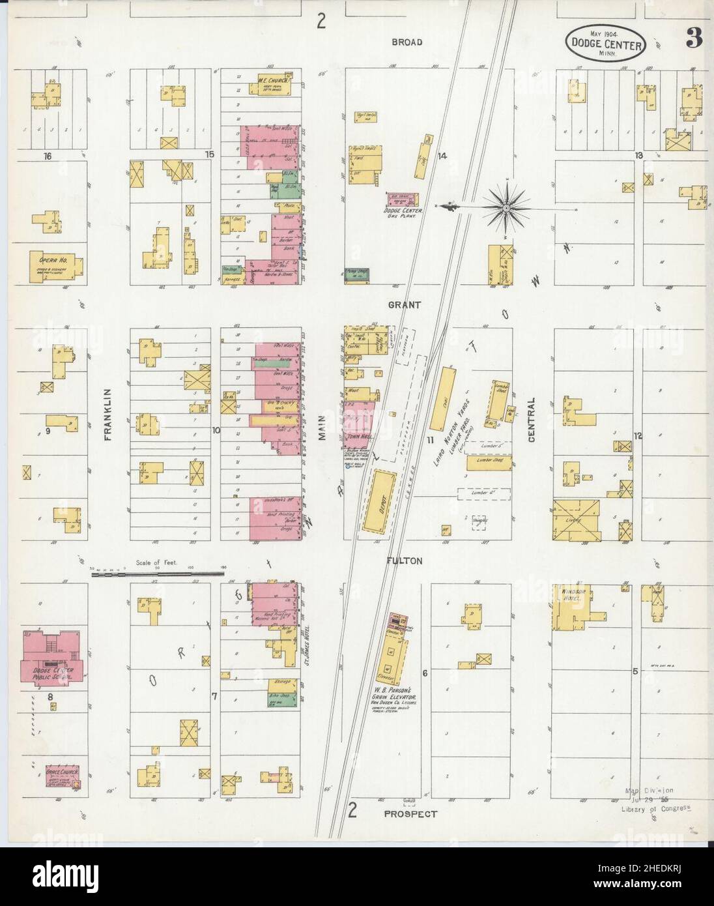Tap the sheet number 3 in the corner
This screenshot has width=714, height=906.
[x=693, y=40]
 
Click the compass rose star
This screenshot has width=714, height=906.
[x=506, y=207]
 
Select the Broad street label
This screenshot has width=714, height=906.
[x=407, y=42]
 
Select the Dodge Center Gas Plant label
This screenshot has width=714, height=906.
[x=405, y=213]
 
